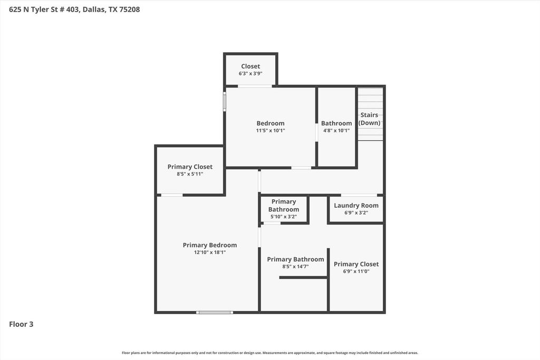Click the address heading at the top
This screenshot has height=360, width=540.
(74, 9)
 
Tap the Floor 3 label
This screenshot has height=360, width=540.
(21, 324)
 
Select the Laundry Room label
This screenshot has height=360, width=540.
(356, 206)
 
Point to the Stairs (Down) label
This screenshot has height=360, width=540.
(369, 119)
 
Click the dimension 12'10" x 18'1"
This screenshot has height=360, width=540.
(210, 252)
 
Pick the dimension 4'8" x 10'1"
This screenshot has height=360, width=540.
(336, 130)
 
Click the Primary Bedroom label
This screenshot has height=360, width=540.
(210, 245)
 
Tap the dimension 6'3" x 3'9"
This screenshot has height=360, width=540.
(250, 73)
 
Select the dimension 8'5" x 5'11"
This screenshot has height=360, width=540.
(190, 174)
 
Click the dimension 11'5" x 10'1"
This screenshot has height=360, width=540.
(271, 130)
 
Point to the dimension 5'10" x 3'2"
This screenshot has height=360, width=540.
(283, 217)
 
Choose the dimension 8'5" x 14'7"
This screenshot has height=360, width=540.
(295, 267)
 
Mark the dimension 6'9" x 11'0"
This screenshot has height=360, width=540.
(356, 271)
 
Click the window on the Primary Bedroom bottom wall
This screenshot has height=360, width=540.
(215, 313)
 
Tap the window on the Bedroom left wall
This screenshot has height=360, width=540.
(225, 101)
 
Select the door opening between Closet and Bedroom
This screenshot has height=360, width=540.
(255, 86)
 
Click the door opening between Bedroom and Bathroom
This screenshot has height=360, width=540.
(316, 132)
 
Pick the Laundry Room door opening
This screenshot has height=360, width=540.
(359, 196)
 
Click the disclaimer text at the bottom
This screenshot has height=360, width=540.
(270, 353)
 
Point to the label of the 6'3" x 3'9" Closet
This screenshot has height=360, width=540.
(250, 66)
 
